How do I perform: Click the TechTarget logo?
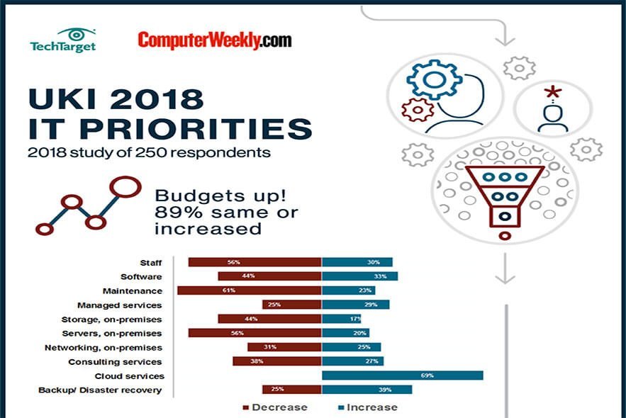63,40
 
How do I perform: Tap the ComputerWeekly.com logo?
214,40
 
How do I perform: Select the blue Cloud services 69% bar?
402,375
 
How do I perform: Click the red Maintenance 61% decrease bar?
249,290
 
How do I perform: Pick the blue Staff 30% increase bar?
357,262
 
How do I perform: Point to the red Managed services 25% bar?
291,305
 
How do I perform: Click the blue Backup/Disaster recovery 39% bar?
367,390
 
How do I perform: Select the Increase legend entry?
369,407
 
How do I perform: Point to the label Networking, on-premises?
104,348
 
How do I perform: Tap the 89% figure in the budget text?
172,213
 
